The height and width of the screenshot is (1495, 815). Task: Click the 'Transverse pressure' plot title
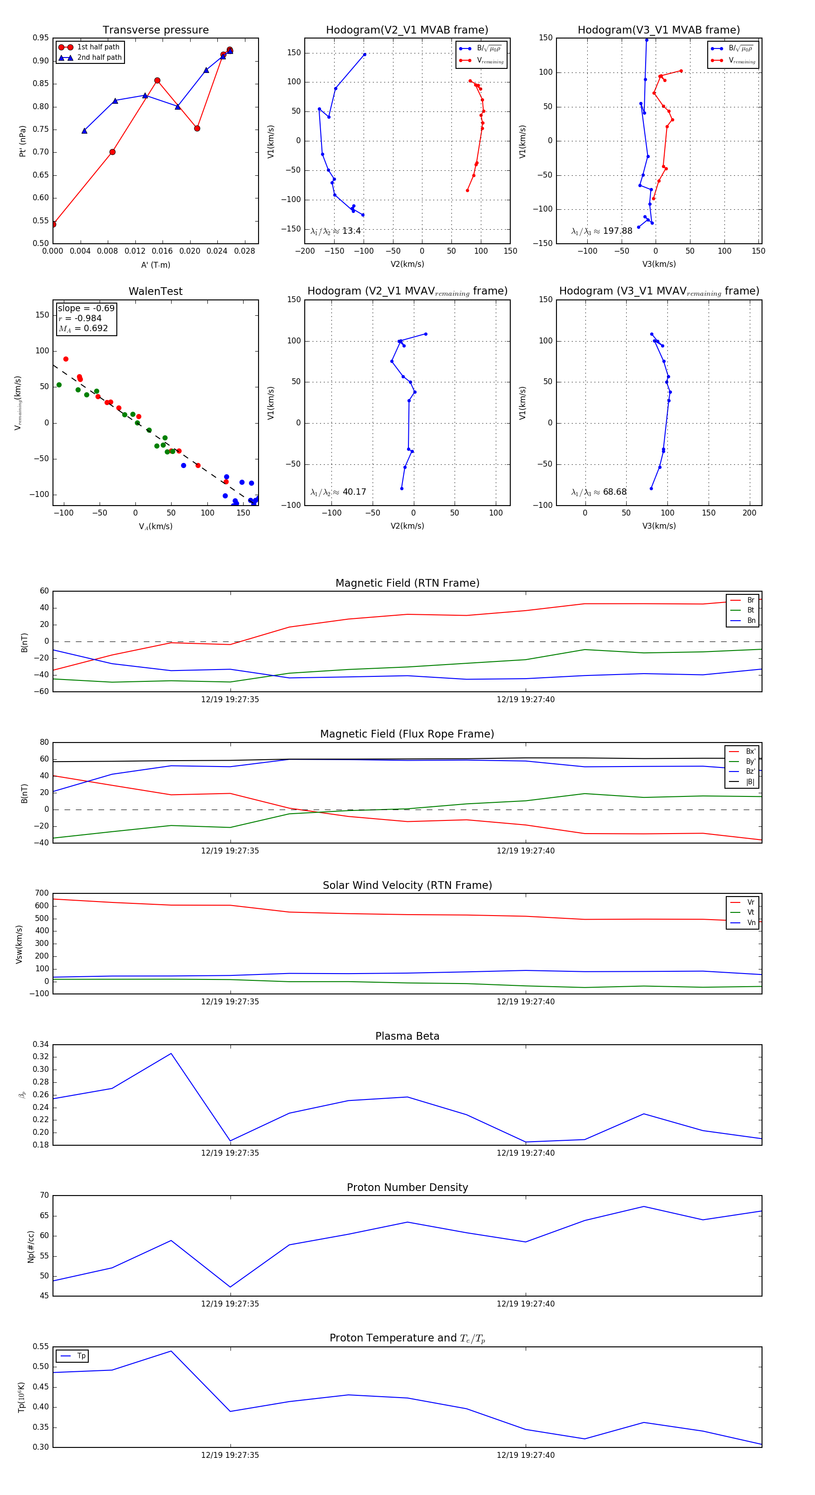pos(155,30)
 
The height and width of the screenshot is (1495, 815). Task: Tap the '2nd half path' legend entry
pos(99,58)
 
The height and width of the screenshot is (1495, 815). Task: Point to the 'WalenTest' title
pos(155,291)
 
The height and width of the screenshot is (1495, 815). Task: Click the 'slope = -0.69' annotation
pos(86,308)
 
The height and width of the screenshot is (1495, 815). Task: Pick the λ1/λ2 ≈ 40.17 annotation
pos(338,492)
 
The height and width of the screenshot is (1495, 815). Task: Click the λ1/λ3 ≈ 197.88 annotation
pos(602,231)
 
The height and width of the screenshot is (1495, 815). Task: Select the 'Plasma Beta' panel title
pos(407,1036)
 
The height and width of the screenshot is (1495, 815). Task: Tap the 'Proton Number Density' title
pos(407,1187)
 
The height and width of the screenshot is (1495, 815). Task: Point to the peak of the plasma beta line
pos(171,1053)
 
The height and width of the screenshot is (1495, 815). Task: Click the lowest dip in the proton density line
pos(230,1287)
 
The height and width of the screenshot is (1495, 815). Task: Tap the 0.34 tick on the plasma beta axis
pos(41,1044)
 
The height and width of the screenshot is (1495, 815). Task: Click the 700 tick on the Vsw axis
pos(42,893)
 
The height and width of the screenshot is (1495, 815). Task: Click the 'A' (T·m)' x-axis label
pos(155,265)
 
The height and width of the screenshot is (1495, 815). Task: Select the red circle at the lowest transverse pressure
pos(53,224)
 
